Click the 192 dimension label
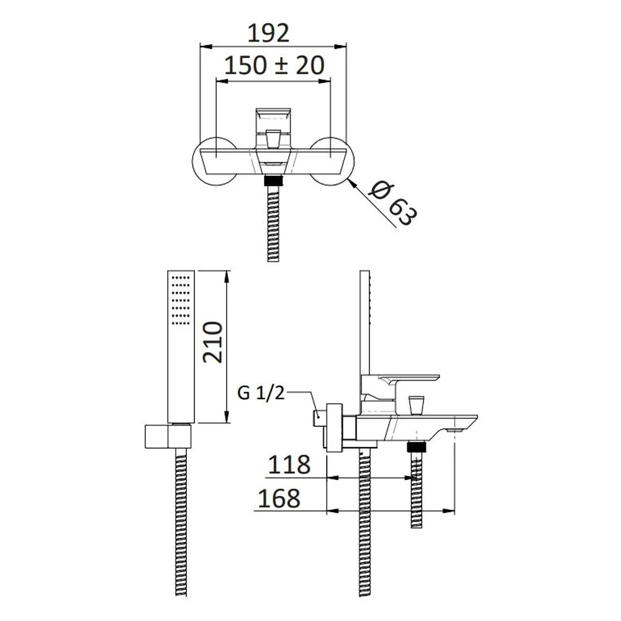pyautogui.click(x=268, y=34)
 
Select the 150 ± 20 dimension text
pyautogui.click(x=274, y=65)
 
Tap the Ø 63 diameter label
pyautogui.click(x=392, y=204)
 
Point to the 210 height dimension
pyautogui.click(x=212, y=342)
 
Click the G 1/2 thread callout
pyautogui.click(x=261, y=393)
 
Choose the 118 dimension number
pyautogui.click(x=289, y=465)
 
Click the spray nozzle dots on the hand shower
pyautogui.click(x=182, y=300)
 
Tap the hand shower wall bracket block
pyautogui.click(x=168, y=437)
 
